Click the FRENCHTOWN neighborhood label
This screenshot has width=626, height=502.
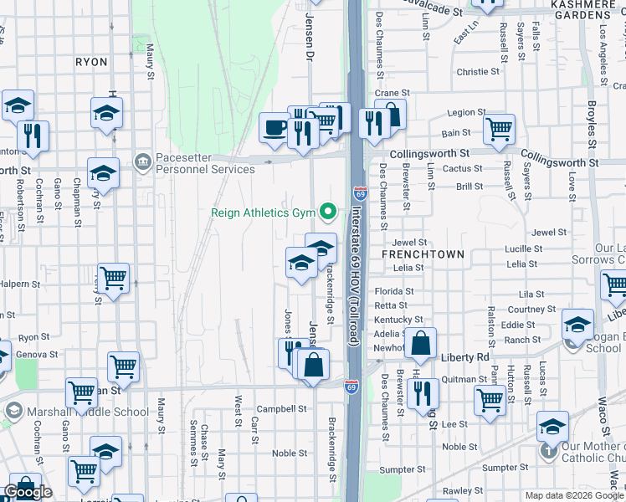(x=416, y=252)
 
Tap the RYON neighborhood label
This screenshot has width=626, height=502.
(x=91, y=62)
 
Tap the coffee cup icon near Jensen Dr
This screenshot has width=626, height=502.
(x=273, y=128)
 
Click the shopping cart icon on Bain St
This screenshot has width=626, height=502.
(x=499, y=128)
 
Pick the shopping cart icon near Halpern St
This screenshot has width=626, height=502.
(x=113, y=278)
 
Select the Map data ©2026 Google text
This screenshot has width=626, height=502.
(x=574, y=495)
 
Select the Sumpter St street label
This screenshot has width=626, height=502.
(x=397, y=470)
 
